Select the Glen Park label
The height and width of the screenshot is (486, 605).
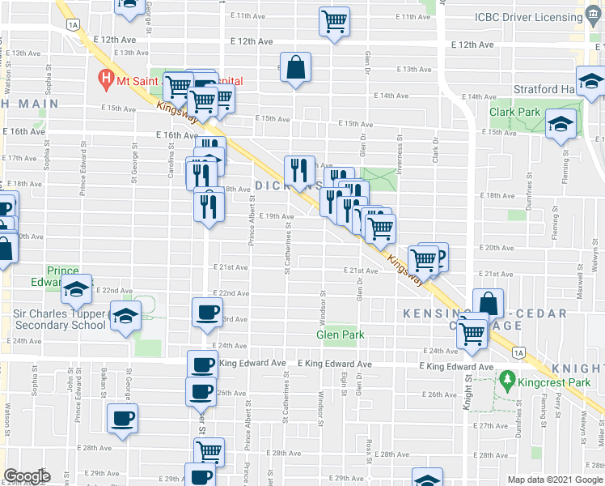coord(340,335)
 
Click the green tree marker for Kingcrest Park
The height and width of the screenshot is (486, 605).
coord(507,378)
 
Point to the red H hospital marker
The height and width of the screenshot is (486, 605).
coord(105,79)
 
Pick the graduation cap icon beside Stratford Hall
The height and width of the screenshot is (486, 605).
coord(592,82)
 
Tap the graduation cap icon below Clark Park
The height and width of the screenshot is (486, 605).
coord(560,125)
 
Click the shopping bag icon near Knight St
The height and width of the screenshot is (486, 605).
coord(489,303)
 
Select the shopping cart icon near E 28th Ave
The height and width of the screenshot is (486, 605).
coord(209,450)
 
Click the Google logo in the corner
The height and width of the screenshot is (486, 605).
coord(26,476)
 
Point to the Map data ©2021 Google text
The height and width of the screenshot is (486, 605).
coord(555,480)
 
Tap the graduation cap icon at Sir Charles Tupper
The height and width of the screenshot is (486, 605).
coord(125,316)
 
